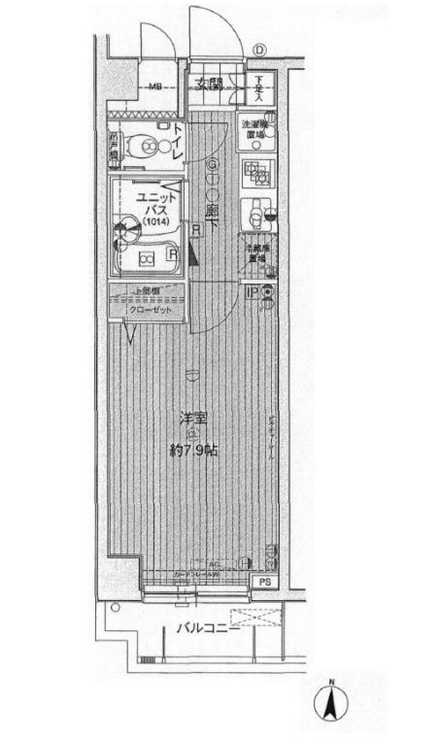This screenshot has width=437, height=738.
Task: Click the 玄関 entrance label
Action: [x=211, y=84]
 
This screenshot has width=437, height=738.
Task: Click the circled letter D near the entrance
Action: [x=259, y=51]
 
